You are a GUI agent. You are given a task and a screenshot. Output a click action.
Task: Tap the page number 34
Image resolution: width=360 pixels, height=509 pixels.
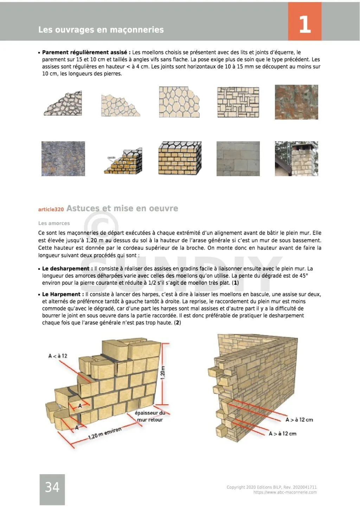[x=52, y=487]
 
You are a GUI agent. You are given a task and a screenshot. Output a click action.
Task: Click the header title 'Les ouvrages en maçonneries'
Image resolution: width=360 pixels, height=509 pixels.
[x=101, y=30]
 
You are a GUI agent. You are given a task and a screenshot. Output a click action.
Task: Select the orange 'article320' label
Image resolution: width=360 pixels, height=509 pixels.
[x=51, y=210]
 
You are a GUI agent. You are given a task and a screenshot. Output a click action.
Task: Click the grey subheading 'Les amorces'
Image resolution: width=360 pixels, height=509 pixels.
[x=54, y=223]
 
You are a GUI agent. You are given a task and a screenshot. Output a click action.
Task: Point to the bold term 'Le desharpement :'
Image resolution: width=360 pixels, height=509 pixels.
[x=67, y=269]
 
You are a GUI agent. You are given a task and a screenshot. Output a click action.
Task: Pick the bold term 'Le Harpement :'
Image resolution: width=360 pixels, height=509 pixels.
[x=63, y=294]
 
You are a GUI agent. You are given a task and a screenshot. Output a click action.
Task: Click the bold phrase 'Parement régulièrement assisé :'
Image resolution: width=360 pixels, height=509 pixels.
[x=86, y=52]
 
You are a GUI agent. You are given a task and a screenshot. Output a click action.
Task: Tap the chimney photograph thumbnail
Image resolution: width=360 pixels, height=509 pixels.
[x=296, y=159]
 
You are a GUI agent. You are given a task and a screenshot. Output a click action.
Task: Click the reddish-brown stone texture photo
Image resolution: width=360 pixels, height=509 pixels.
[x=296, y=102]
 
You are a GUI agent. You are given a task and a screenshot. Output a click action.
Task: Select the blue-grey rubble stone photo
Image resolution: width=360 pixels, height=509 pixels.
[x=63, y=159]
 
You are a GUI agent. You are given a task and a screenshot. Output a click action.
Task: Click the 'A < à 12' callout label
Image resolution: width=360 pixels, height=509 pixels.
[x=58, y=356]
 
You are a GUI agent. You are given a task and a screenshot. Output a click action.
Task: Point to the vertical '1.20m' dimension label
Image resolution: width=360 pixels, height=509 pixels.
[x=162, y=373]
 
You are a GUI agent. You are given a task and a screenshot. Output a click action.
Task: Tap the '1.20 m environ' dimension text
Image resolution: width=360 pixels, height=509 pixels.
[x=104, y=433]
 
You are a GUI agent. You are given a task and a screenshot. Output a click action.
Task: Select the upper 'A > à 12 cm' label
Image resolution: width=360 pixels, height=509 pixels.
[x=299, y=420]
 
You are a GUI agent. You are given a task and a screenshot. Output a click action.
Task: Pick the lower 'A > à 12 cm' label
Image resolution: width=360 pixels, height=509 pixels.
[x=282, y=434]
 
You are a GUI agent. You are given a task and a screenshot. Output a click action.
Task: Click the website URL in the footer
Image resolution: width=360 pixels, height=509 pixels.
[x=285, y=492]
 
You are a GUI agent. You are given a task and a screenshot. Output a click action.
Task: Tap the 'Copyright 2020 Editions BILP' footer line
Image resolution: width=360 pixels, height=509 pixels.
[x=271, y=487]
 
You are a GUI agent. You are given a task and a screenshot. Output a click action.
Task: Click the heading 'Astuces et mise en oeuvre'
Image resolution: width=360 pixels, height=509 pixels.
[x=122, y=208]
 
